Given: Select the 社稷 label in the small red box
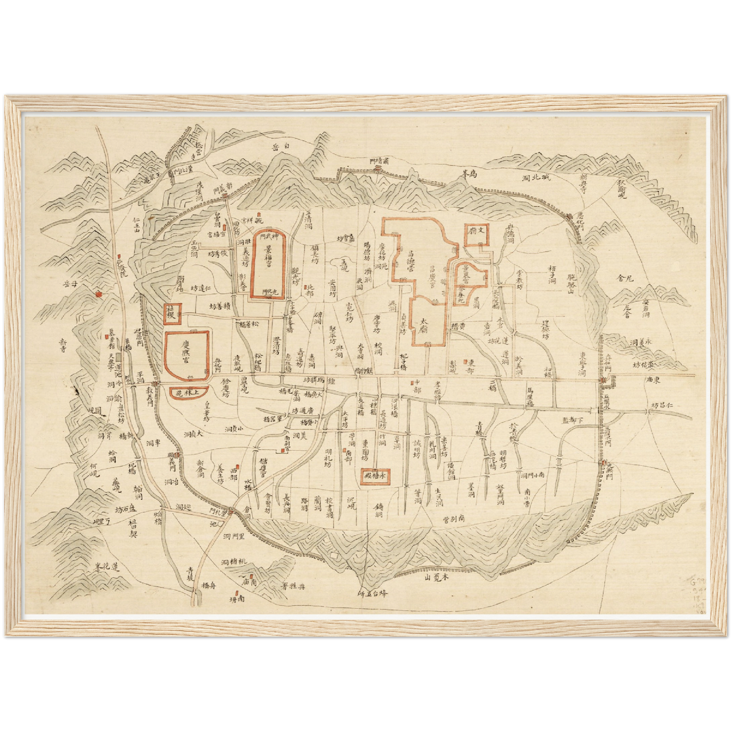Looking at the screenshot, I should [x=169, y=314].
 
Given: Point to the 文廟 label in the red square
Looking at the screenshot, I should [x=476, y=233].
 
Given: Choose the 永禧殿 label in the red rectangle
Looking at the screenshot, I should [x=375, y=476].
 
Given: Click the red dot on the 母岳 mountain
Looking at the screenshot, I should [x=98, y=292].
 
